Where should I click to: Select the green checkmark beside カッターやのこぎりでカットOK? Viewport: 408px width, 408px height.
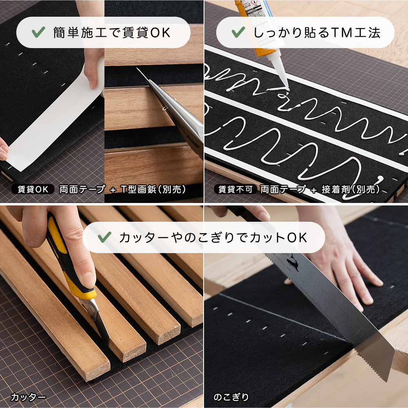tap(105, 237)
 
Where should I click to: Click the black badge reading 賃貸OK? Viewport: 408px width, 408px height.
tap(33, 189)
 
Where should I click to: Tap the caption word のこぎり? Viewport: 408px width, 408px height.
tap(231, 397)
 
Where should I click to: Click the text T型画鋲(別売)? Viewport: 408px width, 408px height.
tap(153, 189)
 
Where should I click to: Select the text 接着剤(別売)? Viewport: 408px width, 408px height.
tap(351, 189)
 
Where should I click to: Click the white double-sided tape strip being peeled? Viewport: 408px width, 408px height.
tap(57, 122)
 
